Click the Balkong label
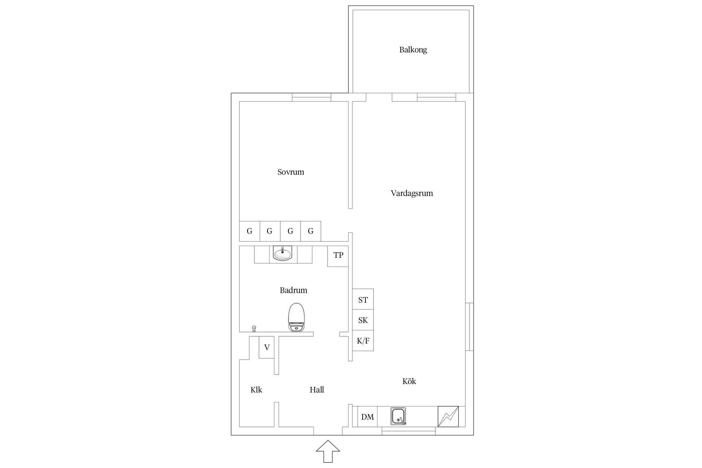point(413,50)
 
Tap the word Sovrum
point(291,172)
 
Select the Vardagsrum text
point(412,193)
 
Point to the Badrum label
point(293,290)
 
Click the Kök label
point(409,381)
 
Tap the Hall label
point(317,390)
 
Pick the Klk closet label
point(256,390)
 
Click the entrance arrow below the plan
point(328,451)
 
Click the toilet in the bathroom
point(296,317)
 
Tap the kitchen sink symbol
point(398,416)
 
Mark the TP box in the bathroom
point(338,256)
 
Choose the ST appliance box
point(363,299)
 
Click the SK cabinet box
point(363,320)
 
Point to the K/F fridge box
point(363,340)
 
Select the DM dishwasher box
point(367,417)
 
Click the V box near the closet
point(267,347)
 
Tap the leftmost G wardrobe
point(250,231)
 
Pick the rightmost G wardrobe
point(311,231)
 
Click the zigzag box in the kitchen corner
point(448,417)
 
